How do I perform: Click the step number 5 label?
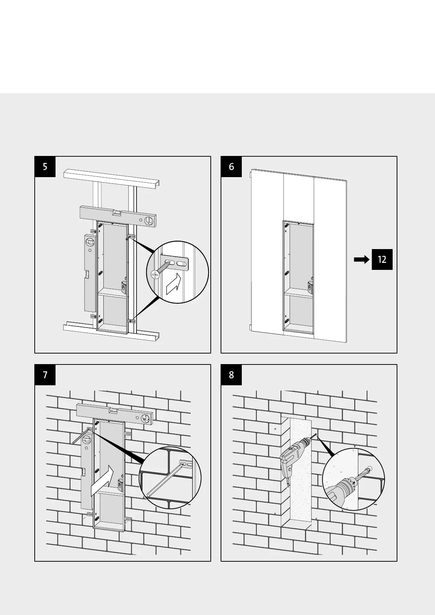pyautogui.click(x=45, y=167)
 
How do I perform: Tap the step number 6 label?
pyautogui.click(x=231, y=167)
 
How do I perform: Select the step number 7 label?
pyautogui.click(x=45, y=375)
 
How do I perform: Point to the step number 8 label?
pyautogui.click(x=231, y=375)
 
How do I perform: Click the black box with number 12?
pyautogui.click(x=382, y=259)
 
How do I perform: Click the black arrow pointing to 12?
pyautogui.click(x=362, y=259)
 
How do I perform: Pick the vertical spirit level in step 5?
pyautogui.click(x=90, y=272)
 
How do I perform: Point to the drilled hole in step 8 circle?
pyautogui.click(x=370, y=469)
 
